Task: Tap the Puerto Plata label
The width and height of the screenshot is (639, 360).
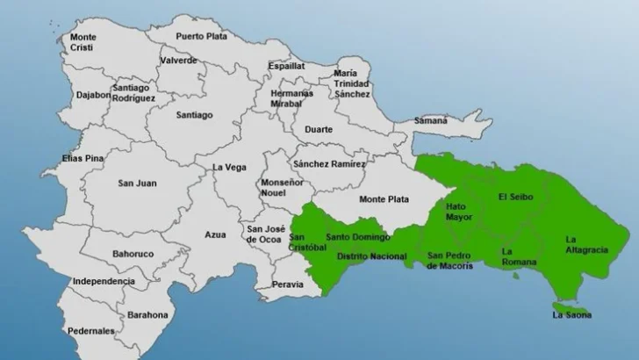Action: pyautogui.click(x=201, y=36)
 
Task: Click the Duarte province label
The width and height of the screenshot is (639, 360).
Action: pyautogui.click(x=318, y=129)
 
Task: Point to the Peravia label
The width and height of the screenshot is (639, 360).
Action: pyautogui.click(x=289, y=284)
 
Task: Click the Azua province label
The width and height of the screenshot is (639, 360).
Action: pyautogui.click(x=215, y=235)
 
